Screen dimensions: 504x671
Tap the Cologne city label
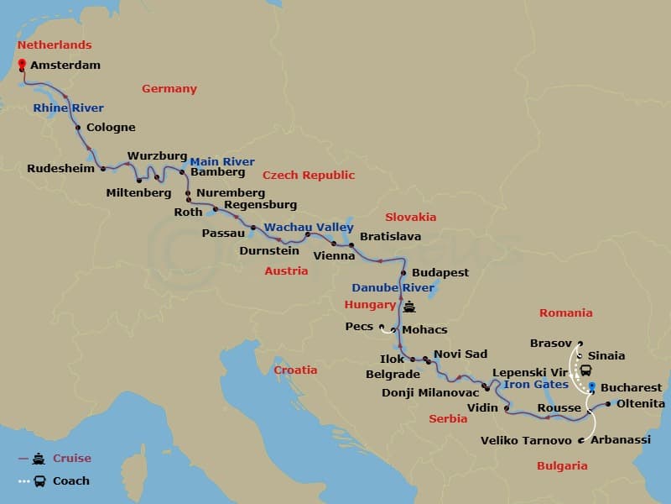[x=110, y=128]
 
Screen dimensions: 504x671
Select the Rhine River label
[x=69, y=108]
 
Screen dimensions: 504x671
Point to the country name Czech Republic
[x=309, y=175]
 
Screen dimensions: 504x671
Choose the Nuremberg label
[x=231, y=192]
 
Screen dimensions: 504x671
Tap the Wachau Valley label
[x=309, y=227]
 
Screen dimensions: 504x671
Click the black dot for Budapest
[x=403, y=273]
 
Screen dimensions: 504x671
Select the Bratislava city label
[x=390, y=237]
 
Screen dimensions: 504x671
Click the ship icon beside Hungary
[x=408, y=307]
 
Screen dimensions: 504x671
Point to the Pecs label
[x=358, y=326]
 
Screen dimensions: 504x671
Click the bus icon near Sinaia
[x=585, y=370]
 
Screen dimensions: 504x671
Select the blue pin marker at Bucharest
[x=592, y=386]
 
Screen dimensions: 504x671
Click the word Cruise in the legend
[x=72, y=459]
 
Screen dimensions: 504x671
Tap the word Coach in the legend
[x=71, y=481]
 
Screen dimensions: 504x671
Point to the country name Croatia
[x=296, y=370]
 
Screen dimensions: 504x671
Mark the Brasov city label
[x=551, y=343]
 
